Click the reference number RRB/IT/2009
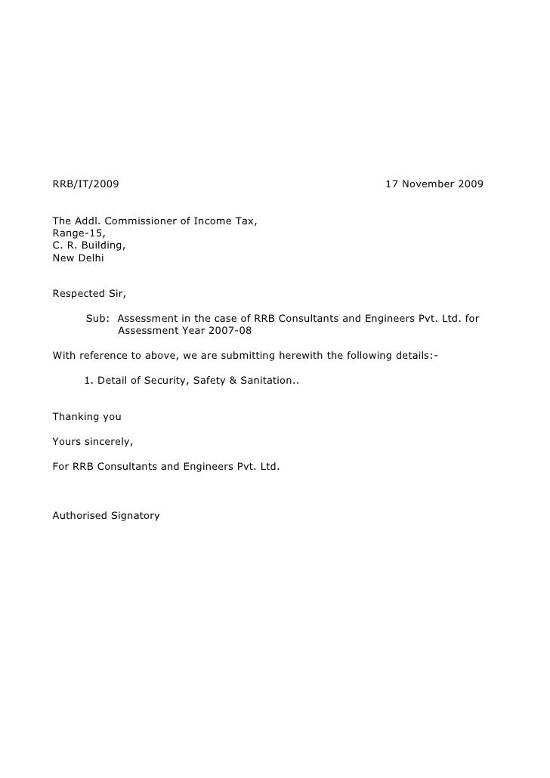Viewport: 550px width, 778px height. (85, 184)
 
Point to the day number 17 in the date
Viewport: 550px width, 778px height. (392, 184)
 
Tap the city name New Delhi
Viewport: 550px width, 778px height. (79, 258)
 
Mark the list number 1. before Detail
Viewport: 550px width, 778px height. (88, 380)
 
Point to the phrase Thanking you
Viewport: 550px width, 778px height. (87, 416)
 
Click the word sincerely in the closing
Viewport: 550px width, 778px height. (107, 441)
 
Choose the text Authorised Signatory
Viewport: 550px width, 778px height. (106, 516)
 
